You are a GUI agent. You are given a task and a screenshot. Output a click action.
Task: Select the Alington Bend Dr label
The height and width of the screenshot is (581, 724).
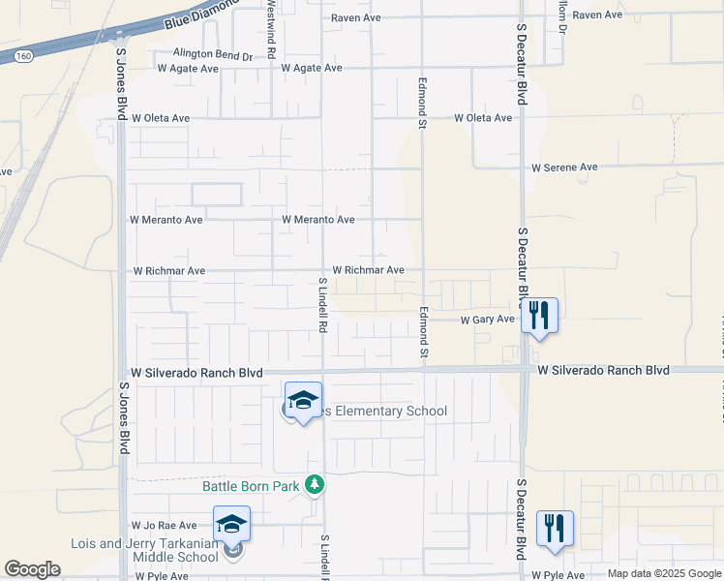coord(213,55)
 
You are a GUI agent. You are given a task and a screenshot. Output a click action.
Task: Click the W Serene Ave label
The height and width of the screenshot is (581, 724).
coord(564,168)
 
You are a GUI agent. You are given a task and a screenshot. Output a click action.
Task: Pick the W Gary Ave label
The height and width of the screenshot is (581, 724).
coord(487,319)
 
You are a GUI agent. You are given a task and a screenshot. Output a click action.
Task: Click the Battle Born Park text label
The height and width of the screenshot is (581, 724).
coord(252,485)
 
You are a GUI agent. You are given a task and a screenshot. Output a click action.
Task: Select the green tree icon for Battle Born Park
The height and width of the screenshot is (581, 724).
coord(314,483)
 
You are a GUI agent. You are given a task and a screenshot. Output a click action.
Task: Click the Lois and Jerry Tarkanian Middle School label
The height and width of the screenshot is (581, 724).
coord(144,550)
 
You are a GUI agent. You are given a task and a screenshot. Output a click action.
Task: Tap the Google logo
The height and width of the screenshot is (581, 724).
coord(32,569)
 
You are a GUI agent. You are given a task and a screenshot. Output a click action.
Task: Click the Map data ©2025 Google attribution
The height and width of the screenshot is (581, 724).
coord(664,574)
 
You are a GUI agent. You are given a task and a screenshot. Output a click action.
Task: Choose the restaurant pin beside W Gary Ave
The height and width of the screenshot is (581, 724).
coord(539,315)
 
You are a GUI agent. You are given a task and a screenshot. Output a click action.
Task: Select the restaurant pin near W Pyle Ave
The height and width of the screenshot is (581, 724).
coord(555,528)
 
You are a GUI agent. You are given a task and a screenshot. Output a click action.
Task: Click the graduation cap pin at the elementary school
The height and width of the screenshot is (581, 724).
coord(303,399)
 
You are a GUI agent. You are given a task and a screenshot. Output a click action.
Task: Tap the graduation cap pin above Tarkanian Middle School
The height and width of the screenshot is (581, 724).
coord(231,524)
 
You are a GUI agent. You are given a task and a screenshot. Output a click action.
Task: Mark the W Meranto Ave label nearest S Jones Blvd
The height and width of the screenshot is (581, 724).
coord(166,220)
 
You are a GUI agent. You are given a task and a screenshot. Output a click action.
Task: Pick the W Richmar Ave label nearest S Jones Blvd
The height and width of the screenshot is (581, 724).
coord(169,271)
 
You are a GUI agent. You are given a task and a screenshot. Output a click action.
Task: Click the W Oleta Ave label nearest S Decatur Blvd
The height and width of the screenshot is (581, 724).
coord(483,118)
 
